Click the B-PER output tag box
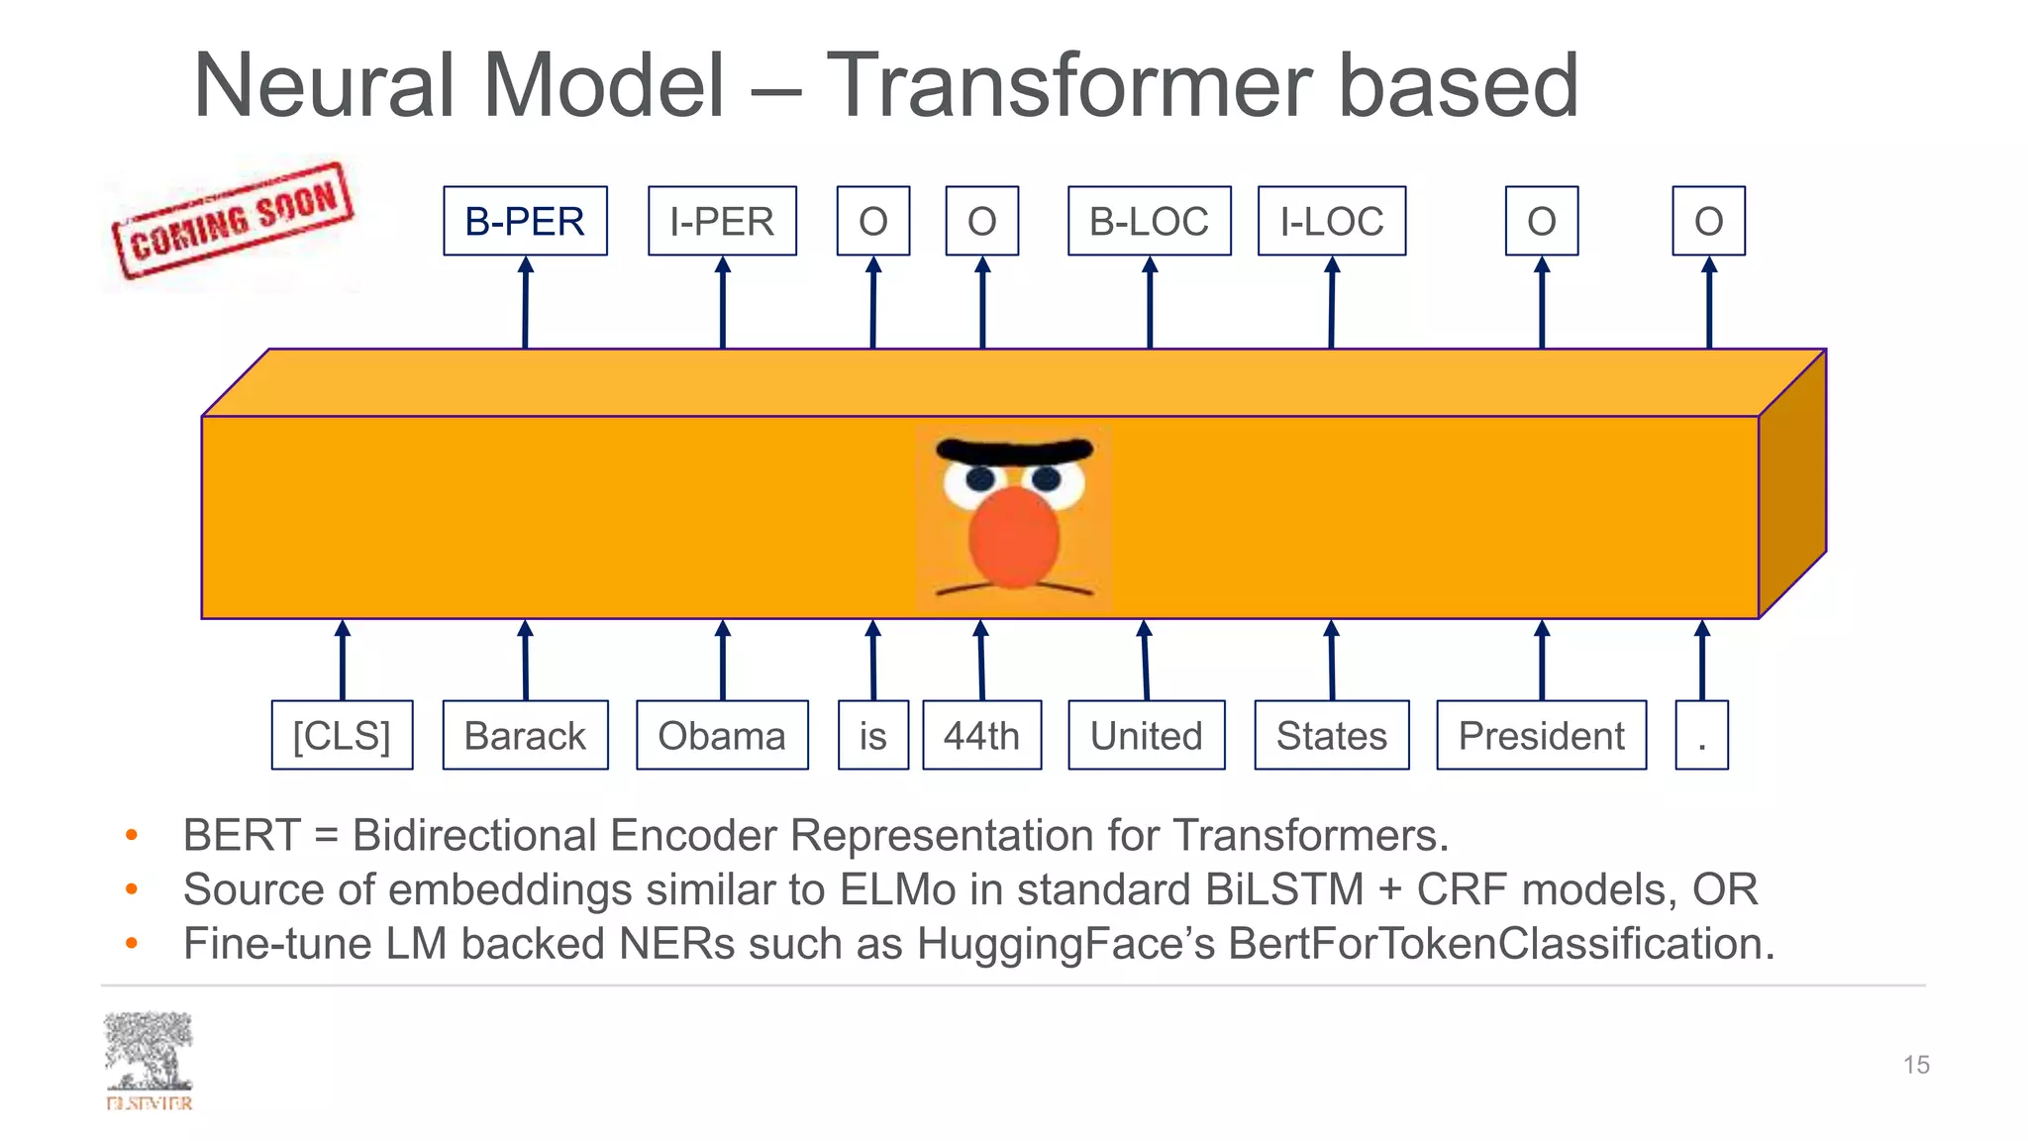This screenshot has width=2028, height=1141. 525,221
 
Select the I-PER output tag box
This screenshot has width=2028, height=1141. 722,221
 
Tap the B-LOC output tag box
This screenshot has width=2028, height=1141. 1149,221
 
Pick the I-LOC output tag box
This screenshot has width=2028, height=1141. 1331,221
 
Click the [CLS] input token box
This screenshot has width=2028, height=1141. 342,735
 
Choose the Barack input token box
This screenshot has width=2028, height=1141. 525,735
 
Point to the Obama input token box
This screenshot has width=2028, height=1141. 722,735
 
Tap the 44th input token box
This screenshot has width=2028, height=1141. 981,735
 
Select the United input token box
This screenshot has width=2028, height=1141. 1146,735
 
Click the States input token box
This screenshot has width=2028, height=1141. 1331,735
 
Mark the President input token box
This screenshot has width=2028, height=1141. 1541,735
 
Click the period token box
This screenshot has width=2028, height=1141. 1701,735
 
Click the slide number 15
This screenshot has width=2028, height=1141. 1915,1065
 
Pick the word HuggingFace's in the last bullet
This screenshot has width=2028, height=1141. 1065,944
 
